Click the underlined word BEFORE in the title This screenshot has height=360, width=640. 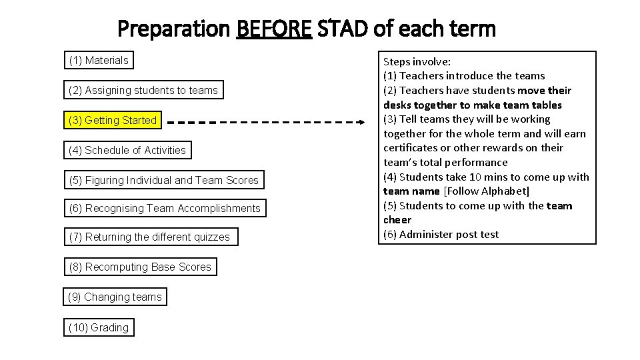(x=274, y=29)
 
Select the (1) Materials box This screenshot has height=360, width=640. (x=99, y=61)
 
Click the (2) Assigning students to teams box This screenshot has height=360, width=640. (x=143, y=90)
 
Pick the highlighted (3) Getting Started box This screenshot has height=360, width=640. (x=112, y=120)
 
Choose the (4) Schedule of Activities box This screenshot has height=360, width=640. (x=127, y=150)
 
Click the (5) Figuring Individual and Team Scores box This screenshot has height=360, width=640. (x=163, y=180)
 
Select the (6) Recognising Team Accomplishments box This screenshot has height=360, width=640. (x=165, y=209)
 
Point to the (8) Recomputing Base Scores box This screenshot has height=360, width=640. (x=140, y=267)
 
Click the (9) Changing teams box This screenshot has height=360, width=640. (x=115, y=297)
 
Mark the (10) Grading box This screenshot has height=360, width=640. (x=99, y=327)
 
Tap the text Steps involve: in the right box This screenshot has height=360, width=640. (x=416, y=61)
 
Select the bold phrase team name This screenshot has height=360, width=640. (x=411, y=191)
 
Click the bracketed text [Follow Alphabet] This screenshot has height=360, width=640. (x=487, y=191)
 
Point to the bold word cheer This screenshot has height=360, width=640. (x=397, y=220)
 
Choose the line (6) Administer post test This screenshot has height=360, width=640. (x=441, y=235)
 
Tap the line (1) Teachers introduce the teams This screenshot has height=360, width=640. (x=464, y=76)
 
